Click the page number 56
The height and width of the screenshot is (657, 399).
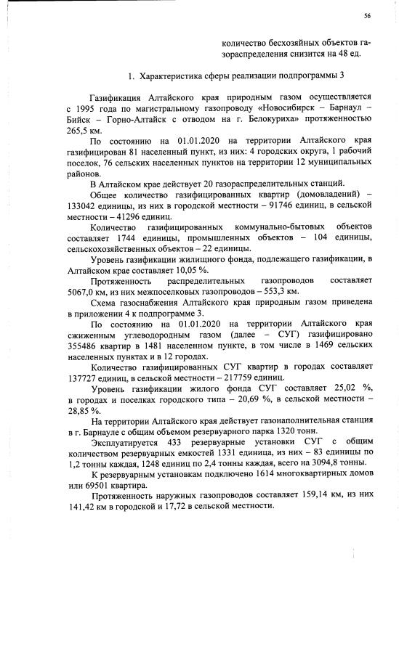(368, 16)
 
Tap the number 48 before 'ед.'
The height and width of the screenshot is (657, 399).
(344, 53)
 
